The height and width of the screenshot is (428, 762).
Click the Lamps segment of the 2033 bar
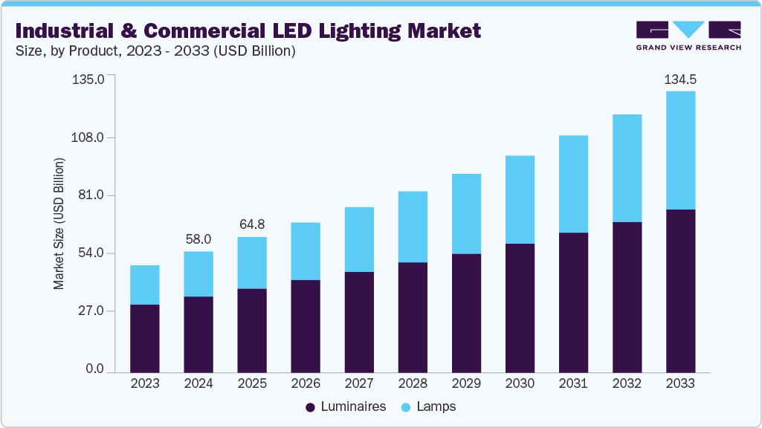pyautogui.click(x=680, y=150)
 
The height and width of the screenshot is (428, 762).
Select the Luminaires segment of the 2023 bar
pyautogui.click(x=145, y=338)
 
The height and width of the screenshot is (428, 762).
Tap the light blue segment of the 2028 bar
pyautogui.click(x=413, y=227)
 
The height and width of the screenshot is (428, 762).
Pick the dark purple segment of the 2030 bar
pyautogui.click(x=520, y=308)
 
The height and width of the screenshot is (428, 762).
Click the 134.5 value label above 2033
pyautogui.click(x=679, y=79)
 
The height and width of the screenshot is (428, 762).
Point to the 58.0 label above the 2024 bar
pyautogui.click(x=198, y=239)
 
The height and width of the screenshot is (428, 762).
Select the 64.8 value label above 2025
pyautogui.click(x=252, y=224)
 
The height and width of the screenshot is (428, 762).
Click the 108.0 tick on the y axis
pyautogui.click(x=89, y=138)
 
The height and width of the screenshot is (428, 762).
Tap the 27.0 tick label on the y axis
pyautogui.click(x=92, y=311)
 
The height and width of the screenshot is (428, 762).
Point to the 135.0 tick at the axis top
pyautogui.click(x=89, y=78)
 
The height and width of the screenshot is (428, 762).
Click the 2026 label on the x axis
pyautogui.click(x=306, y=384)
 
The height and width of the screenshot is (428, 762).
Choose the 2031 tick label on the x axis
pyautogui.click(x=573, y=384)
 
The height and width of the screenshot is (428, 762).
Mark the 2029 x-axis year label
pyautogui.click(x=466, y=384)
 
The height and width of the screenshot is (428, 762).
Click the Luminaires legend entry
pyautogui.click(x=346, y=407)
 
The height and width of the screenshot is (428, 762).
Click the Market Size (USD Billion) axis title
pyautogui.click(x=59, y=224)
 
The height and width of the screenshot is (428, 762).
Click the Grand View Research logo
pyautogui.click(x=688, y=36)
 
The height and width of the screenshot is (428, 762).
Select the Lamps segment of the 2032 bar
pyautogui.click(x=627, y=168)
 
